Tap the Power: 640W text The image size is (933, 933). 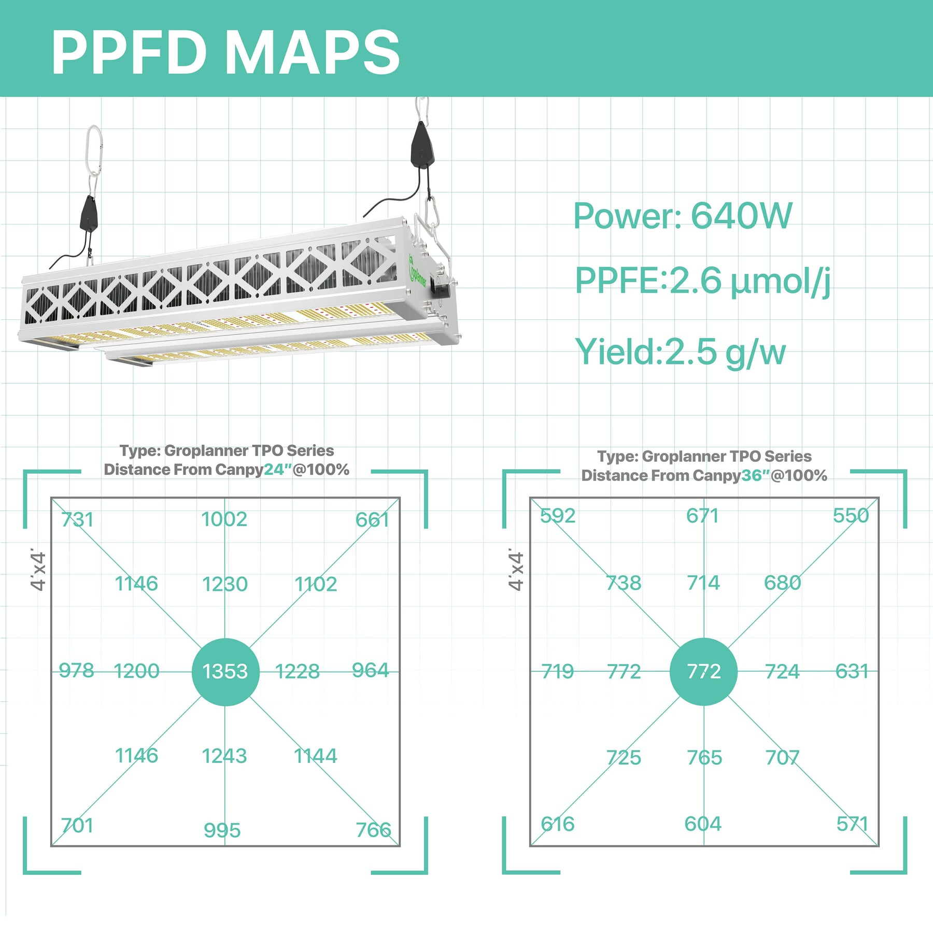click(682, 216)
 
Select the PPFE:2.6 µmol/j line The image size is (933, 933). click(702, 280)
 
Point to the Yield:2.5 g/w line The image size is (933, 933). click(680, 352)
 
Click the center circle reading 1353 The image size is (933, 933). click(225, 672)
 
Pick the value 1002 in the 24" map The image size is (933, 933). click(224, 519)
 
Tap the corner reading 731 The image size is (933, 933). click(77, 519)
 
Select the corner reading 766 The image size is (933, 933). click(373, 830)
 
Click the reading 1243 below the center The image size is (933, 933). click(224, 756)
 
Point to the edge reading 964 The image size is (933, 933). click(370, 670)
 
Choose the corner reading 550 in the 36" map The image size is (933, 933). click(851, 515)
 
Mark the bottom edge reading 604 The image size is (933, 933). click(702, 824)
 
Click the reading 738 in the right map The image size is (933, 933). click(624, 583)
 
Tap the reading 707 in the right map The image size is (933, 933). click(782, 758)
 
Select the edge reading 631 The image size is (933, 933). click(852, 671)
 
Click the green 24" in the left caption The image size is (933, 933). click(278, 470)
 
